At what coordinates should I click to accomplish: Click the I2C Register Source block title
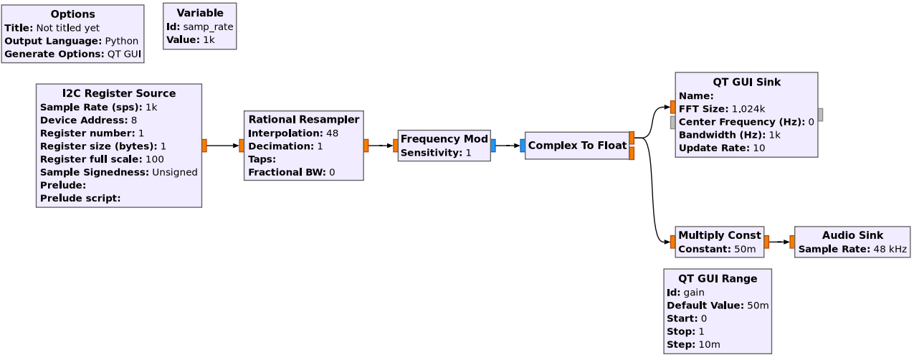[x=119, y=93]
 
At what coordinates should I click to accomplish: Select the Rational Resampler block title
[x=304, y=120]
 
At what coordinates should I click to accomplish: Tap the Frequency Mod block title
[x=444, y=139]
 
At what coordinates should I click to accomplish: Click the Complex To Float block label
[x=577, y=146]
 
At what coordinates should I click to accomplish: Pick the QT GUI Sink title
[x=747, y=82]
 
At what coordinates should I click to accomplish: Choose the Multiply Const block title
[x=720, y=235]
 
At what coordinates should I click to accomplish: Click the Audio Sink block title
[x=852, y=235]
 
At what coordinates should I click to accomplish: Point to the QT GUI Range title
[x=718, y=279]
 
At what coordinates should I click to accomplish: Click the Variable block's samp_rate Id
[x=208, y=27]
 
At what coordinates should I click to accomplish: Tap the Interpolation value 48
[x=332, y=133]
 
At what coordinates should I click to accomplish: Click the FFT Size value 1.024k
[x=748, y=109]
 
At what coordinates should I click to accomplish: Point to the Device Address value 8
[x=134, y=120]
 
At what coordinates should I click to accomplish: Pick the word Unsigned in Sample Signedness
[x=175, y=173]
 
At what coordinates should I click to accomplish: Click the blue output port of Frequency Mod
[x=493, y=146]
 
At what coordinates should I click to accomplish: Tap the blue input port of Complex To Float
[x=523, y=146]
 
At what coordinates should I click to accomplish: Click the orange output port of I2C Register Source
[x=204, y=146]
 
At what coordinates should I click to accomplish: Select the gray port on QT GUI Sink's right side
[x=821, y=115]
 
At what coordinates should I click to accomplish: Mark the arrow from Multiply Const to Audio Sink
[x=780, y=242]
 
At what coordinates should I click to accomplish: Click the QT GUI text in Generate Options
[x=124, y=55]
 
